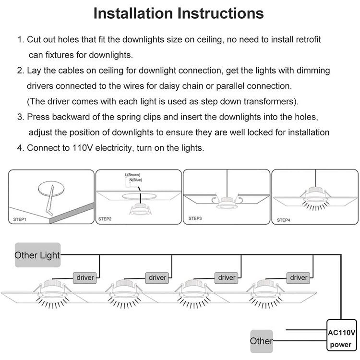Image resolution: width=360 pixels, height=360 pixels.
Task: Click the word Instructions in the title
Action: click(221, 13)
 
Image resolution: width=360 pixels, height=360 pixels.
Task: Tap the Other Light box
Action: click(37, 255)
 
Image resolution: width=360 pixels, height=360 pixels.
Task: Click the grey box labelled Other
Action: click(261, 341)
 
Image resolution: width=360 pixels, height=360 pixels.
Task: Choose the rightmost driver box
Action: click(299, 277)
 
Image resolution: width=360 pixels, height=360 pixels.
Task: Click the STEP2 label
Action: click(105, 219)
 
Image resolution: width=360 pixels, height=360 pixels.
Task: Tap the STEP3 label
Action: click(195, 218)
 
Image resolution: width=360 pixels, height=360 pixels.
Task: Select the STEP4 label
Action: click(283, 220)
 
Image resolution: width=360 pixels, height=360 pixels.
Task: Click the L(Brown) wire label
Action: click(133, 175)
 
